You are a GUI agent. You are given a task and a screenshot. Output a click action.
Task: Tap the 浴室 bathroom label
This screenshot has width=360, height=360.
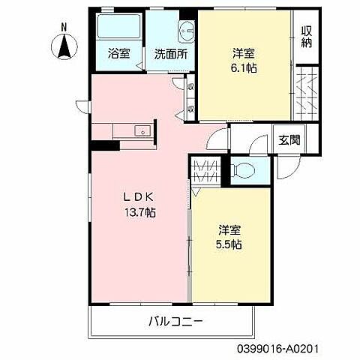point(119,54)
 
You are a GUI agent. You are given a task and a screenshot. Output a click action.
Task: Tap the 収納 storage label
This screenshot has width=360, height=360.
point(307,36)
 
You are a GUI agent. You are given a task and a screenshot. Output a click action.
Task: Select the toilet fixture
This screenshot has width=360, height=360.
point(244,170)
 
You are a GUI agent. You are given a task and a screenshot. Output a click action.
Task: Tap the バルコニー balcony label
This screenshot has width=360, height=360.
point(175,322)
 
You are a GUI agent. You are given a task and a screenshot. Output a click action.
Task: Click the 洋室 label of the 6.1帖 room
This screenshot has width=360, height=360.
point(244,53)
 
